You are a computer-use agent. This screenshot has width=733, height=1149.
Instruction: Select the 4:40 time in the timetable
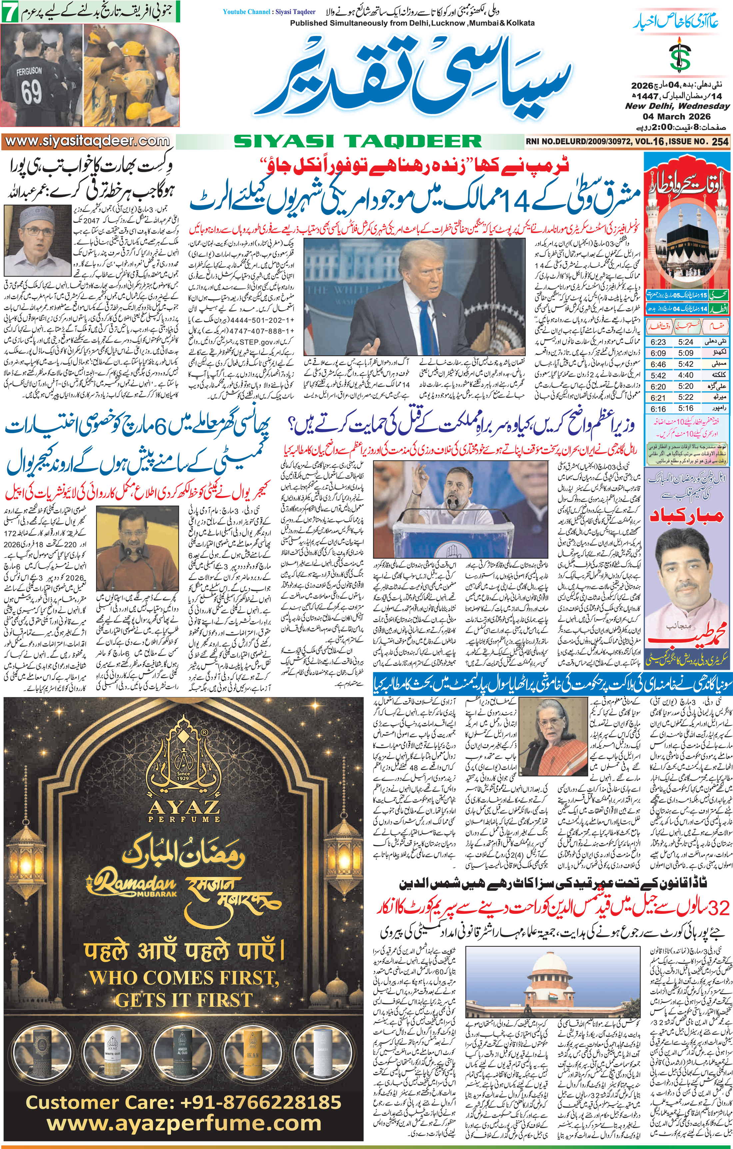pyautogui.click(x=685, y=375)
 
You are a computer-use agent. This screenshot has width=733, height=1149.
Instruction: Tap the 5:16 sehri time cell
pyautogui.click(x=685, y=408)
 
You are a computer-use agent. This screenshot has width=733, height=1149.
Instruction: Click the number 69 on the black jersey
pyautogui.click(x=31, y=92)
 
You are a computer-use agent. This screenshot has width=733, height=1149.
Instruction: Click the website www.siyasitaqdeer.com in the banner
pyautogui.click(x=86, y=141)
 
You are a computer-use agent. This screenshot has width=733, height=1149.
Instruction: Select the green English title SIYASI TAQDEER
pyautogui.click(x=358, y=141)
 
